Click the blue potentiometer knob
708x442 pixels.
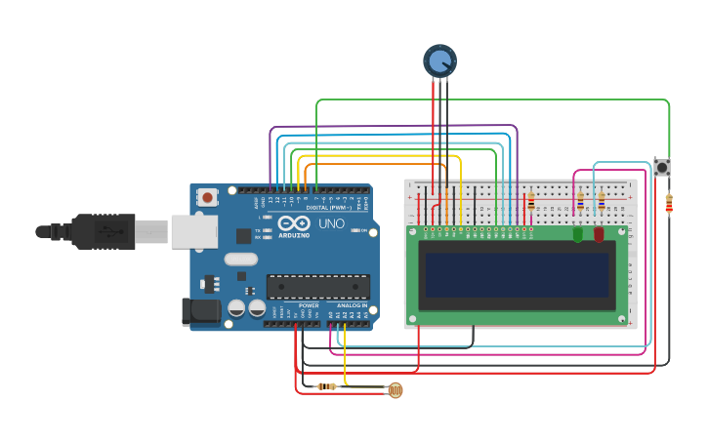click(x=439, y=60)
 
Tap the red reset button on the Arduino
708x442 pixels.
click(x=207, y=196)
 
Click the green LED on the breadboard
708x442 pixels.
click(x=577, y=233)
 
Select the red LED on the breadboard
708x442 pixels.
click(x=599, y=233)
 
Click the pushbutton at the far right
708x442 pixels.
click(x=662, y=168)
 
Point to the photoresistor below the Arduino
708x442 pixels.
click(x=395, y=390)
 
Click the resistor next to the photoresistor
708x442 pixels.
click(x=327, y=386)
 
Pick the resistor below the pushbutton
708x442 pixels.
click(x=669, y=204)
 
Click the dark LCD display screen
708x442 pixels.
click(x=517, y=275)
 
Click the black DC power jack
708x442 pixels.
click(x=202, y=312)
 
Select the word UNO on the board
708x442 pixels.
click(x=331, y=223)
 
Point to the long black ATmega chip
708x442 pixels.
click(x=318, y=287)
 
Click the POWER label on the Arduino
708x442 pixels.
click(x=309, y=305)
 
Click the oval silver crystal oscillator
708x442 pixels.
click(x=240, y=260)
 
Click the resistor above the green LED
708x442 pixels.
click(x=580, y=202)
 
